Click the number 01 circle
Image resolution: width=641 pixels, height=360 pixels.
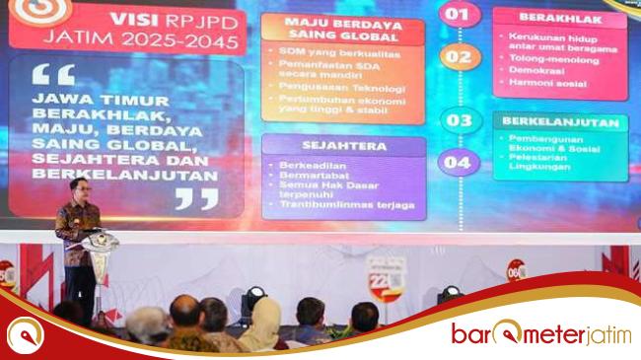coord(457,14)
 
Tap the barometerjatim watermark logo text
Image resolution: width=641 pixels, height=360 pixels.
coord(540,333)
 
